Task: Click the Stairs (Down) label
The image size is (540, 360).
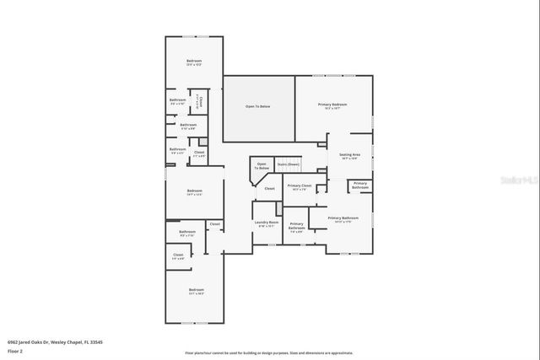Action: [289, 164]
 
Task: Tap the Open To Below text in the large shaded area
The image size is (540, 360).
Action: [258, 107]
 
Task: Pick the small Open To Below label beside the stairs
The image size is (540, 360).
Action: [262, 166]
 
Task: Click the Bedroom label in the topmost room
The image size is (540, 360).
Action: [195, 62]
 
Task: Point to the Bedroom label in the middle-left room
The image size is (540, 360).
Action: [195, 191]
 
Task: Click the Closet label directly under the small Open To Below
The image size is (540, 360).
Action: [270, 189]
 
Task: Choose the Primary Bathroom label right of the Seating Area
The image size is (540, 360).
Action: [360, 185]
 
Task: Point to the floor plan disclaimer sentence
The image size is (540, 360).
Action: [269, 352]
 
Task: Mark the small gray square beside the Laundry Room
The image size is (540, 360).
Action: [278, 207]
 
